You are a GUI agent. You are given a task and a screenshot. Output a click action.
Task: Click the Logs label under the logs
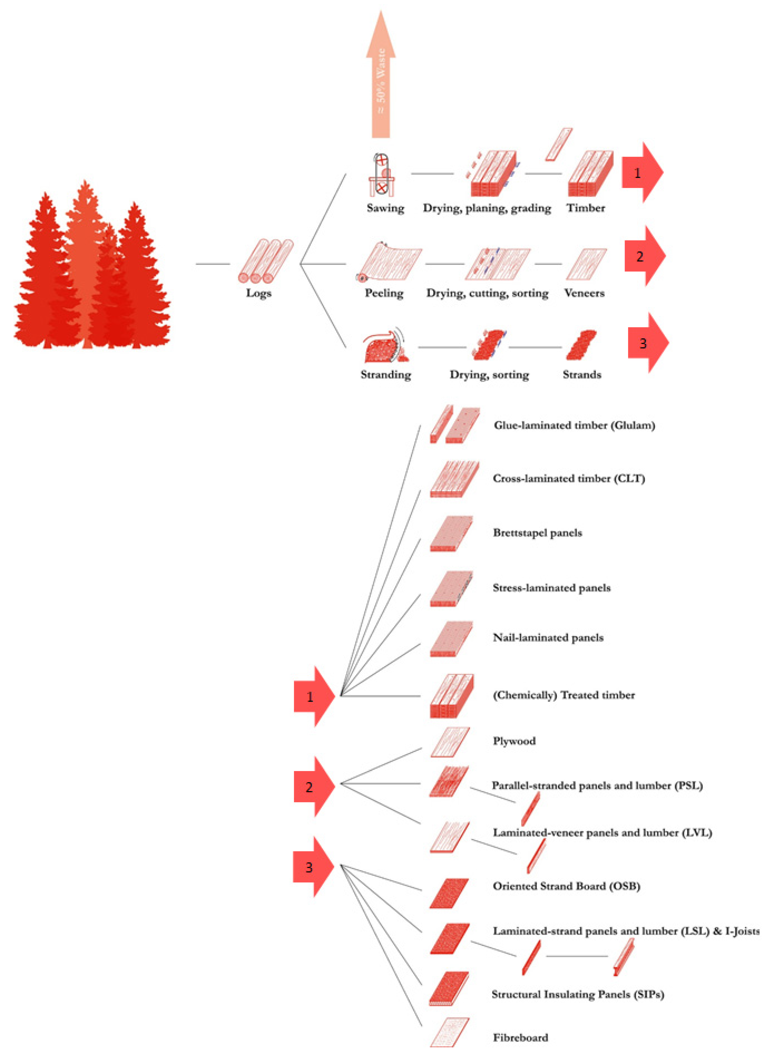click(259, 293)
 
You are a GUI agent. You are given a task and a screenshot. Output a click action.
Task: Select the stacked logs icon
click(265, 261)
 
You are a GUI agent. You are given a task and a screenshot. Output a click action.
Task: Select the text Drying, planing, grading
click(487, 208)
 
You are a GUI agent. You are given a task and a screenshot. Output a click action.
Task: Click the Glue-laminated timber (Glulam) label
click(574, 425)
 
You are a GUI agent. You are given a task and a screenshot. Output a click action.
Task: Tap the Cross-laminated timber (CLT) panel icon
click(454, 479)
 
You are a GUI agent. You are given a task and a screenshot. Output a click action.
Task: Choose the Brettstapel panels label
click(537, 533)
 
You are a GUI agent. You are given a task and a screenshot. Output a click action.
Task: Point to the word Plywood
click(514, 741)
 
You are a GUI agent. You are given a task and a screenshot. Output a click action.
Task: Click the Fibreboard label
click(520, 1037)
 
